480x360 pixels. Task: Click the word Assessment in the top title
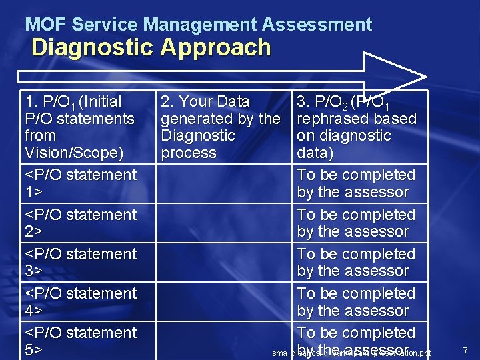coord(317,25)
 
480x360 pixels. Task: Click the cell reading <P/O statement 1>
coord(81,183)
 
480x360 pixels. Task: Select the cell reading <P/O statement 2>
coord(81,223)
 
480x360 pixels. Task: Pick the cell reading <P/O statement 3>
coord(81,262)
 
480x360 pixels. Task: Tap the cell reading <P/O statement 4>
coord(81,301)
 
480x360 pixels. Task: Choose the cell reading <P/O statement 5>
coord(81,341)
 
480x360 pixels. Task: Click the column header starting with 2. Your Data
coord(219,127)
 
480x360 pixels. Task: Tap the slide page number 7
coord(465,351)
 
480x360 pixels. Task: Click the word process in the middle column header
coord(188,153)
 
